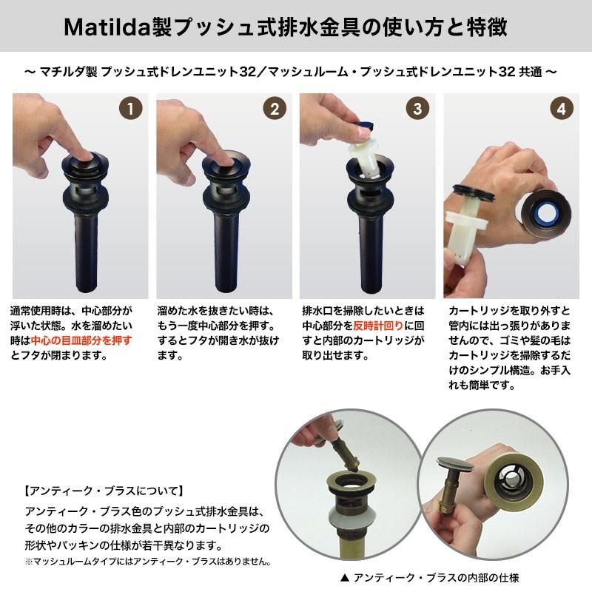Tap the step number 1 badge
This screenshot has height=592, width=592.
pos(130,109)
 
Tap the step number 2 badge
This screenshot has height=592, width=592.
pos(275,109)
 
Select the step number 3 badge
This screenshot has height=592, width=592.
pos(418,109)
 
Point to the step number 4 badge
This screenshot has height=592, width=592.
pos(562,109)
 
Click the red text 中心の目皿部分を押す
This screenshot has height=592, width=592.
pos(81,340)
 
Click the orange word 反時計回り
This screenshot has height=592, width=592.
pos(379,326)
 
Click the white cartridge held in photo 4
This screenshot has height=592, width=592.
pos(466,222)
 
